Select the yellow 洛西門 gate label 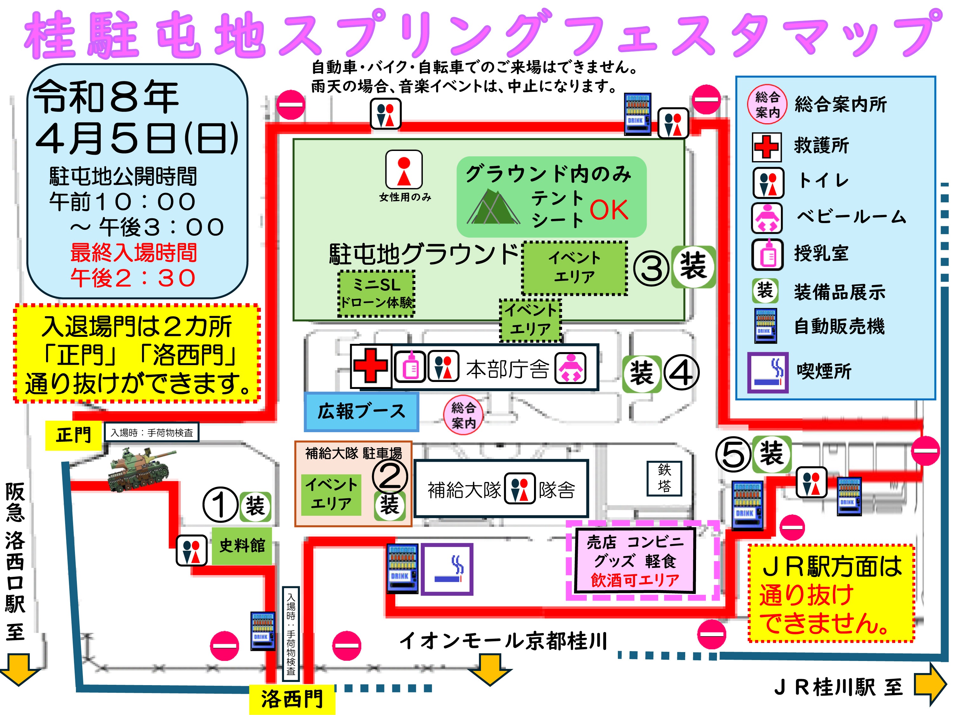pyautogui.click(x=292, y=698)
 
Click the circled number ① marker pyautogui.click(x=220, y=505)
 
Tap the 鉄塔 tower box pyautogui.click(x=664, y=478)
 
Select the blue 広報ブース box pyautogui.click(x=361, y=412)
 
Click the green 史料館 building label pyautogui.click(x=242, y=546)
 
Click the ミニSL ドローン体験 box pyautogui.click(x=376, y=294)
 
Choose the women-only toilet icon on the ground pyautogui.click(x=404, y=169)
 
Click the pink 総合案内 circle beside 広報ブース pyautogui.click(x=463, y=415)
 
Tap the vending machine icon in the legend pyautogui.click(x=765, y=326)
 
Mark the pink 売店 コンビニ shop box pyautogui.click(x=635, y=561)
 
